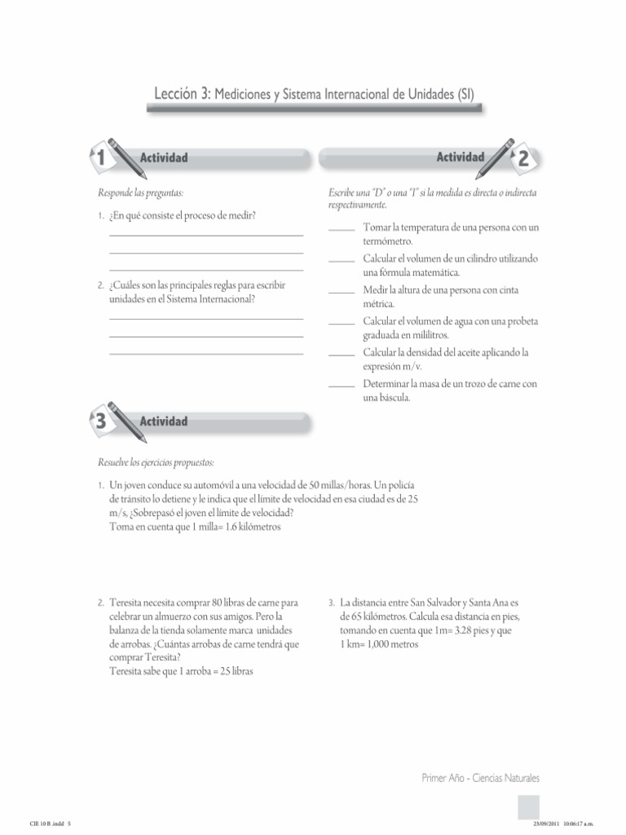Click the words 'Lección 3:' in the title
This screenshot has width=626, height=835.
pos(183,95)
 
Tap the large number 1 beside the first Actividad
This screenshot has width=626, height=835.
pos(99,158)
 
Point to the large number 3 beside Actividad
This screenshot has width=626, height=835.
pos(99,422)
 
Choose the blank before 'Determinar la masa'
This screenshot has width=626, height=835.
pos(342,387)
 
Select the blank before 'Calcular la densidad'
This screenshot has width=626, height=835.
pos(342,356)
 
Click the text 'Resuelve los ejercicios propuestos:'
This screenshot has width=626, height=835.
pos(156,462)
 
